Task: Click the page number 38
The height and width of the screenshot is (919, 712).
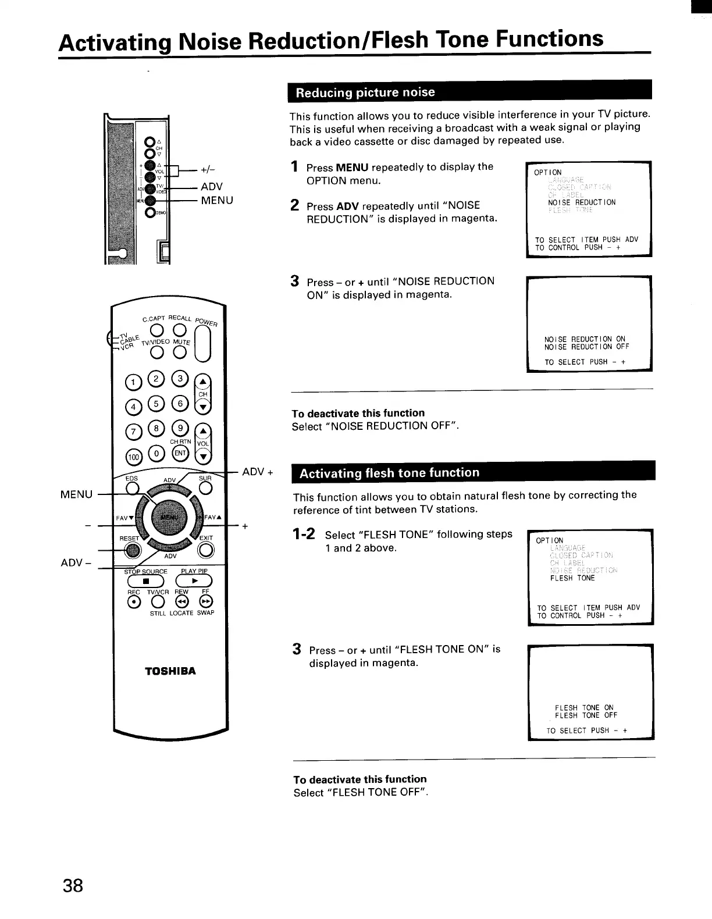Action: click(x=73, y=886)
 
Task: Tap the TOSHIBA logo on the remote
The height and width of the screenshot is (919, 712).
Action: click(x=170, y=671)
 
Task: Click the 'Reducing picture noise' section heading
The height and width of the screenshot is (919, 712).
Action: click(x=365, y=92)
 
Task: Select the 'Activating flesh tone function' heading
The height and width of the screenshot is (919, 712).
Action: click(x=389, y=473)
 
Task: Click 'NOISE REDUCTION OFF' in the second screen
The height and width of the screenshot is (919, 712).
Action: click(x=586, y=347)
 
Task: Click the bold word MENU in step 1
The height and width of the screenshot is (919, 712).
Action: click(x=352, y=168)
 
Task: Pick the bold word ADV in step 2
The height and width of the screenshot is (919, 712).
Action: click(x=348, y=206)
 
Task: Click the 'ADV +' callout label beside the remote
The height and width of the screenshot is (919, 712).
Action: click(x=257, y=472)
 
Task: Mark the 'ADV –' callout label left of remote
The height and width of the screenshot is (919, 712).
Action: click(x=75, y=563)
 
